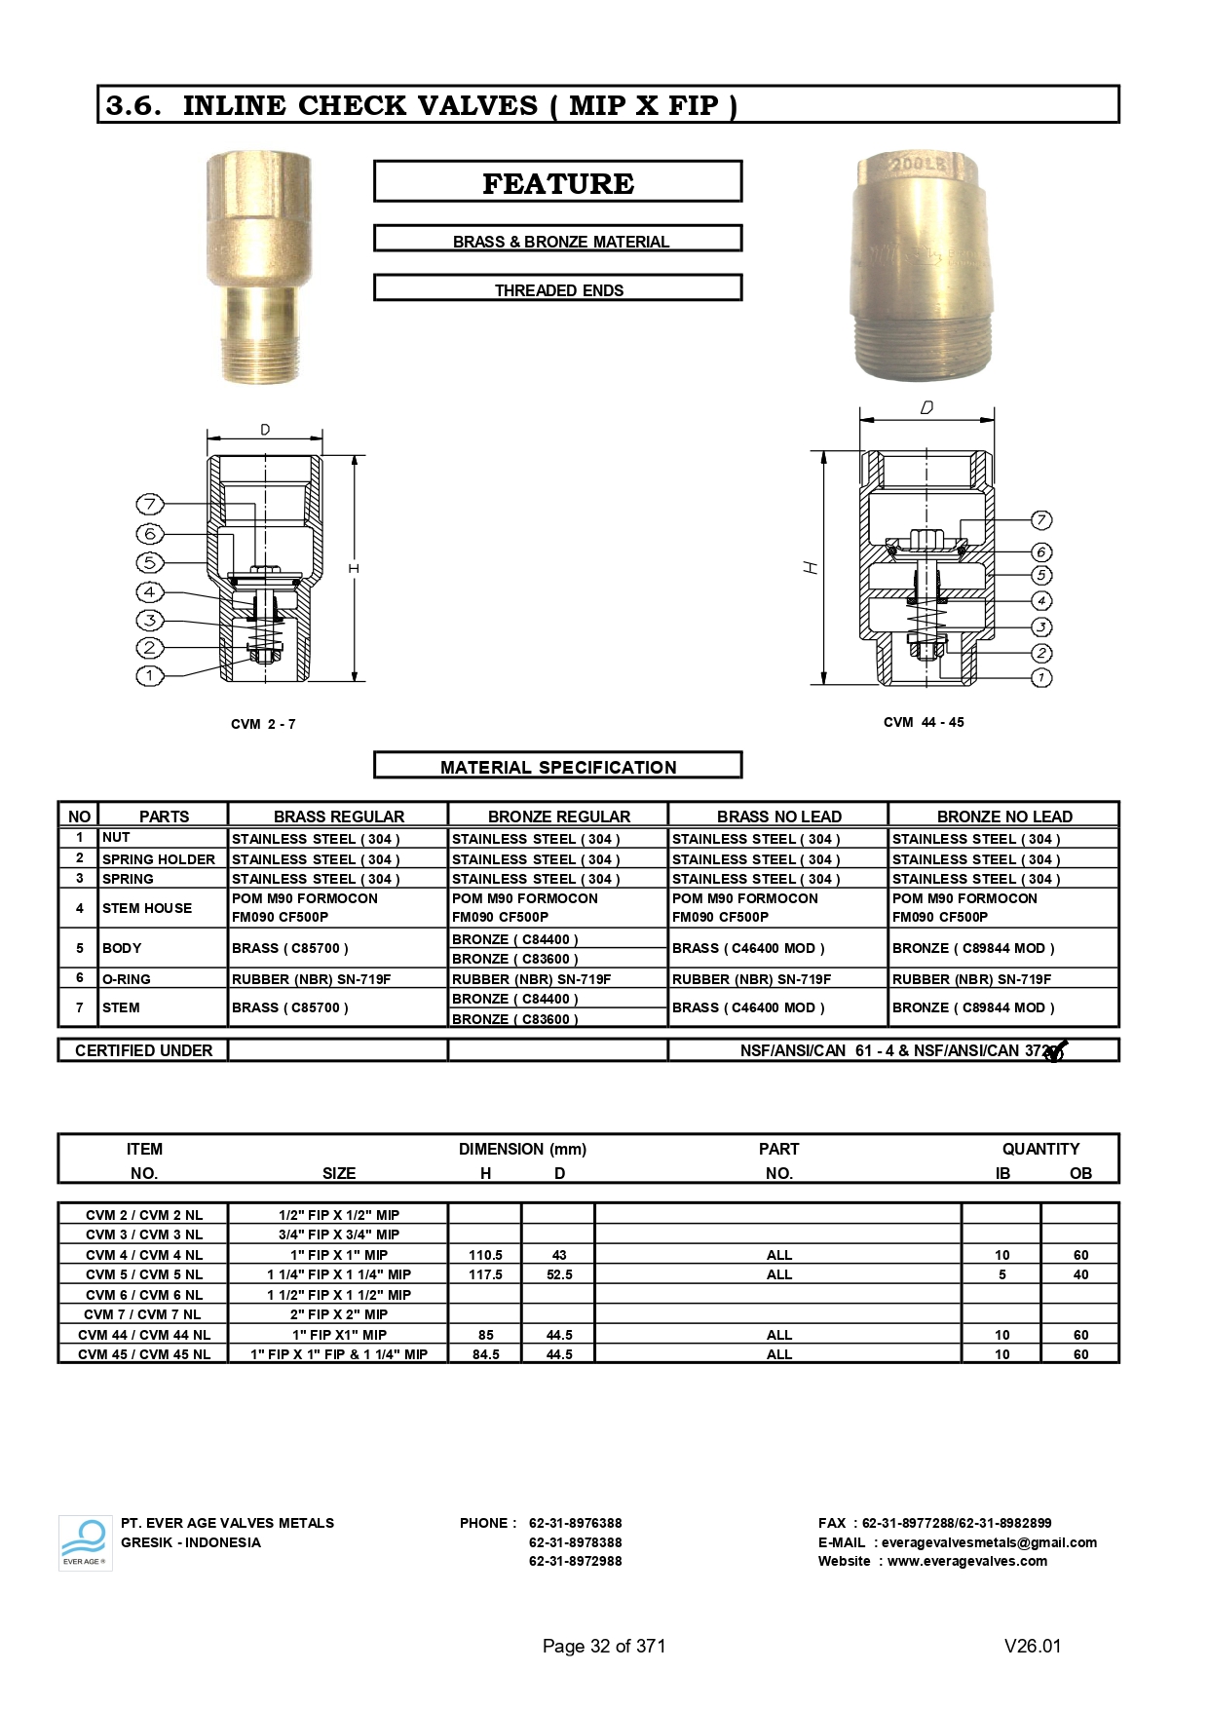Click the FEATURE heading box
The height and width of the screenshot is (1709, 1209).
[x=557, y=182]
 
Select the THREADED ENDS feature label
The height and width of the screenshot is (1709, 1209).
[x=557, y=289]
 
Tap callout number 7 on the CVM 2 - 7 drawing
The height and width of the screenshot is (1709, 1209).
[x=149, y=504]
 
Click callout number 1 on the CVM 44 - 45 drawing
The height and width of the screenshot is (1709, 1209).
[x=1041, y=677]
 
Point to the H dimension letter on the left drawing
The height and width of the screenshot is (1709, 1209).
[x=354, y=568]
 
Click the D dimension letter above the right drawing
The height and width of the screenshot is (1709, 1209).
[x=926, y=407]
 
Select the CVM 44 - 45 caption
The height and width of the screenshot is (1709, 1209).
[x=923, y=722]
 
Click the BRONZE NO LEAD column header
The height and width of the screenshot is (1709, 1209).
[x=1003, y=816]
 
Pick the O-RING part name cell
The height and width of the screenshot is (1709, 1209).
[x=127, y=978]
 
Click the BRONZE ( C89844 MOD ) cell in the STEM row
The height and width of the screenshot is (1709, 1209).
[x=972, y=1007]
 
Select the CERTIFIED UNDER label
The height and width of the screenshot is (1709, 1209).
[x=143, y=1050]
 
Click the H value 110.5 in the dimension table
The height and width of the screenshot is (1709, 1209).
[x=485, y=1255]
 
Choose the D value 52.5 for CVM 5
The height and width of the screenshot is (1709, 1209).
[x=559, y=1274]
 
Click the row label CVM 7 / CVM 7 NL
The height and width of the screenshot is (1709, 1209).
[x=143, y=1314]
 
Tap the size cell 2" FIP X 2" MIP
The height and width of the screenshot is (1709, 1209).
[x=338, y=1314]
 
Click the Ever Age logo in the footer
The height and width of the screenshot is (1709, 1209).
[x=85, y=1542]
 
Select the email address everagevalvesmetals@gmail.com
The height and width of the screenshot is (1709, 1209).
[x=988, y=1542]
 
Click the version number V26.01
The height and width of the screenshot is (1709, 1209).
[x=1032, y=1646]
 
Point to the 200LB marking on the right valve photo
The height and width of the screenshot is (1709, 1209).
[x=918, y=166]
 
